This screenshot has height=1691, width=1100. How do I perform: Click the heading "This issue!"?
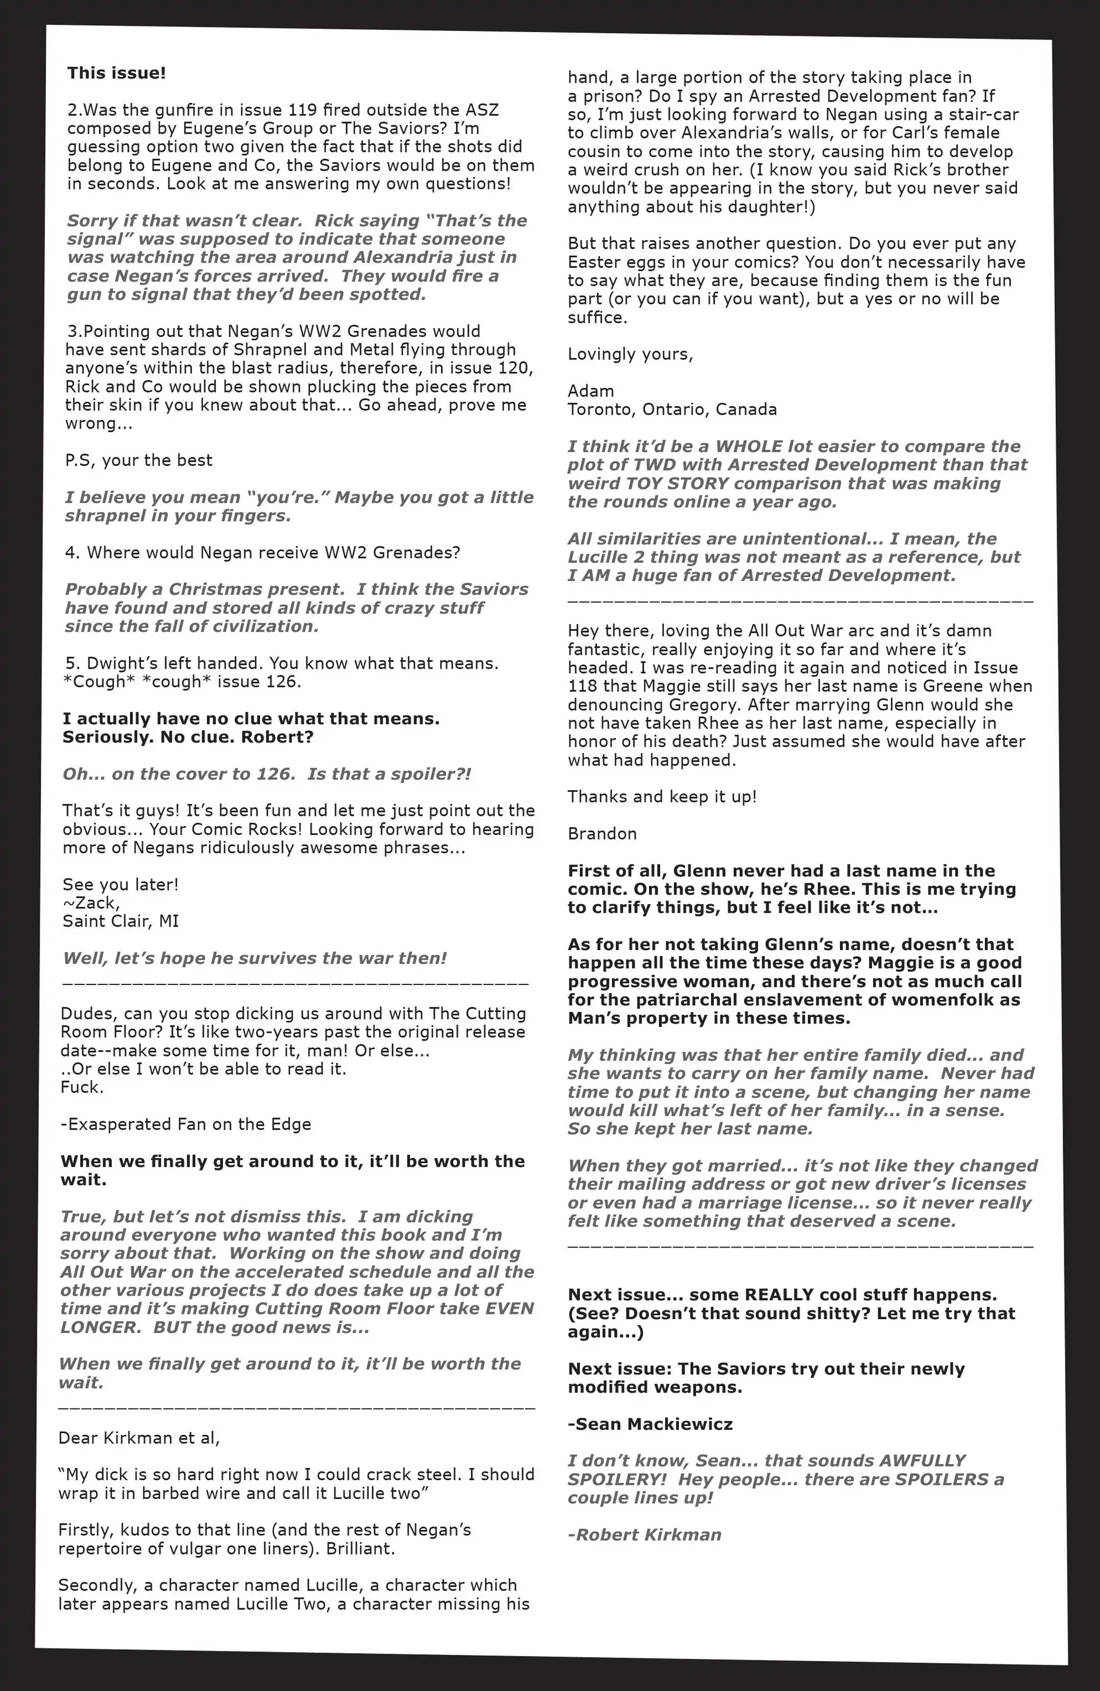point(116,73)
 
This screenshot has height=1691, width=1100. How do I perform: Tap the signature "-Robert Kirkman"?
point(645,1534)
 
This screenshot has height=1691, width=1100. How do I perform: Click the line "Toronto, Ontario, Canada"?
point(671,409)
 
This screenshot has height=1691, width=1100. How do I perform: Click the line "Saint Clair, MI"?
point(120,921)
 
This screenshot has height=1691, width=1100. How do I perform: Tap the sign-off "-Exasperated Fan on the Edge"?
point(186,1124)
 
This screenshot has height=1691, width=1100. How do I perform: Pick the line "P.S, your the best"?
point(139,460)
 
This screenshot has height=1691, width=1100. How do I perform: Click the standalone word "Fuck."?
point(82,1087)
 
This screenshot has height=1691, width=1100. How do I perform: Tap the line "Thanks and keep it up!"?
point(662,797)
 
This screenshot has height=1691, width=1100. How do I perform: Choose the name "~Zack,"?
point(91,903)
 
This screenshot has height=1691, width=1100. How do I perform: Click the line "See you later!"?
point(120,885)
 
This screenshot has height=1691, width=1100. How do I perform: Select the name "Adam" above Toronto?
point(591,391)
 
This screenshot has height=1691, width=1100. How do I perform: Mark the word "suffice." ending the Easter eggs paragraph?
point(597,317)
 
